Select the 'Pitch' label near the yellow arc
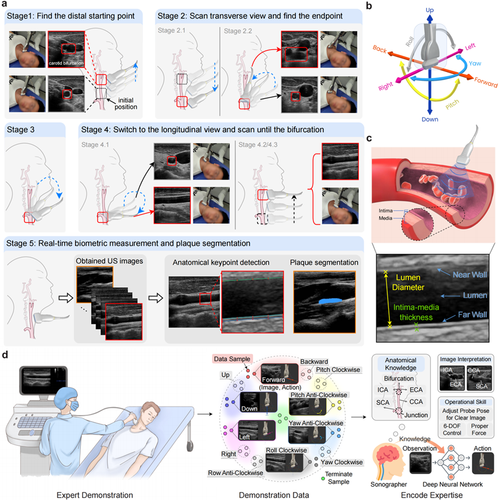438,106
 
